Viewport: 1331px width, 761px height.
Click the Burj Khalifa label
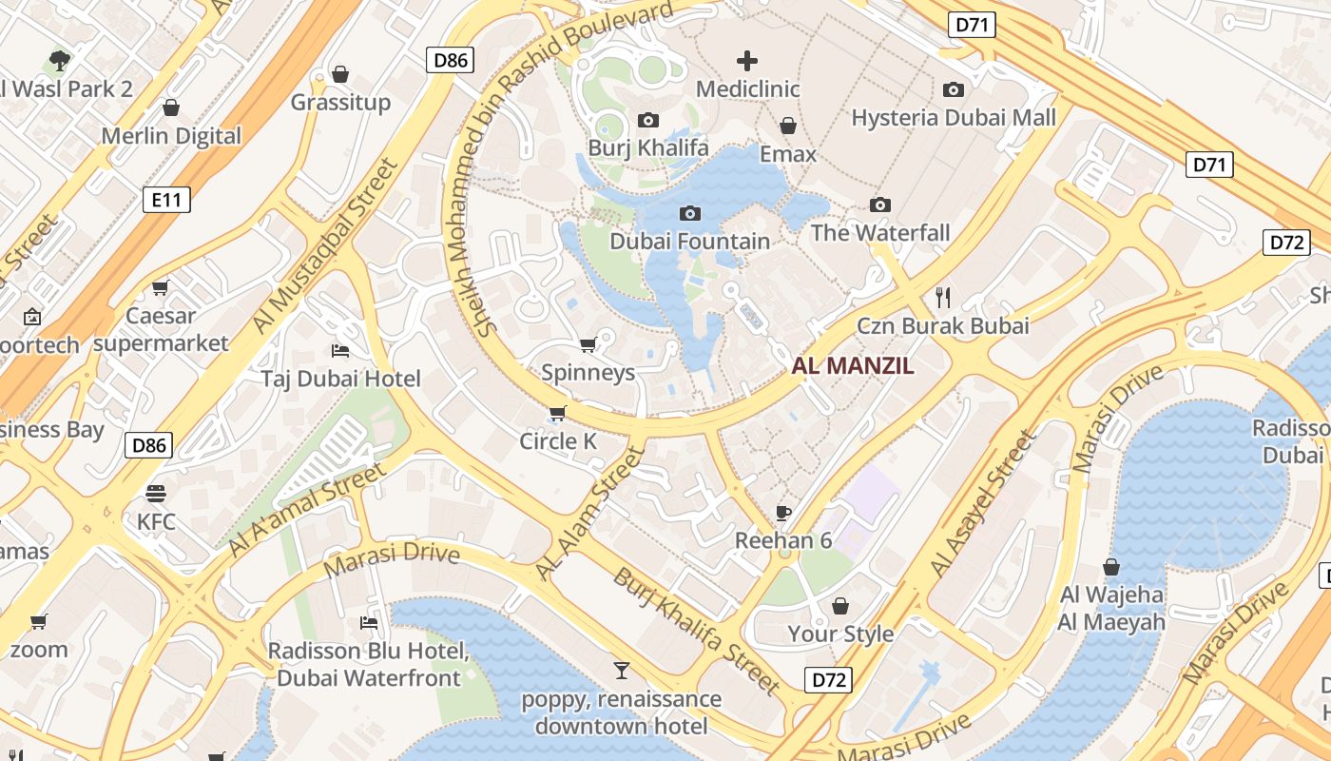coord(647,148)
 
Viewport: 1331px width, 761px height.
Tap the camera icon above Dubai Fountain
coord(690,213)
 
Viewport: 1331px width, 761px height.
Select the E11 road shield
coord(166,200)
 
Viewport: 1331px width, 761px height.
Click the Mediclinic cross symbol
coord(747,62)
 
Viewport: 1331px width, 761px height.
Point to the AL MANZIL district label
coord(853,366)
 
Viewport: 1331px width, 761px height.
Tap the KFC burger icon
coord(156,494)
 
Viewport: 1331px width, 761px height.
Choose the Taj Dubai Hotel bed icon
coord(339,351)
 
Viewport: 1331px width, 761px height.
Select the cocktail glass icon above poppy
coord(621,671)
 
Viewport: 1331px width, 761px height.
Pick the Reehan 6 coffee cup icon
coord(782,514)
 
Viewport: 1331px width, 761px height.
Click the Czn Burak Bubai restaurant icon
coord(942,298)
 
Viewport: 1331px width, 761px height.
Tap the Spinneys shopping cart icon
coord(588,344)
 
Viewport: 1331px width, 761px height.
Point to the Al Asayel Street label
coord(982,504)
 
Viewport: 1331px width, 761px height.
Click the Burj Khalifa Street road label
coord(696,629)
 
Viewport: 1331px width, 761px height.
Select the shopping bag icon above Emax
coord(787,126)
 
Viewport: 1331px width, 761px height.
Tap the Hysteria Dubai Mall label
coord(954,118)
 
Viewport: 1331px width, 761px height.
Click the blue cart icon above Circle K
coord(557,413)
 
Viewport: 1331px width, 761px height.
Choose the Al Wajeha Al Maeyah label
coord(1111,609)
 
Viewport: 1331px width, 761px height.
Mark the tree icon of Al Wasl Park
coord(60,62)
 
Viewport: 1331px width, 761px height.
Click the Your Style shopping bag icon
coord(840,606)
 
